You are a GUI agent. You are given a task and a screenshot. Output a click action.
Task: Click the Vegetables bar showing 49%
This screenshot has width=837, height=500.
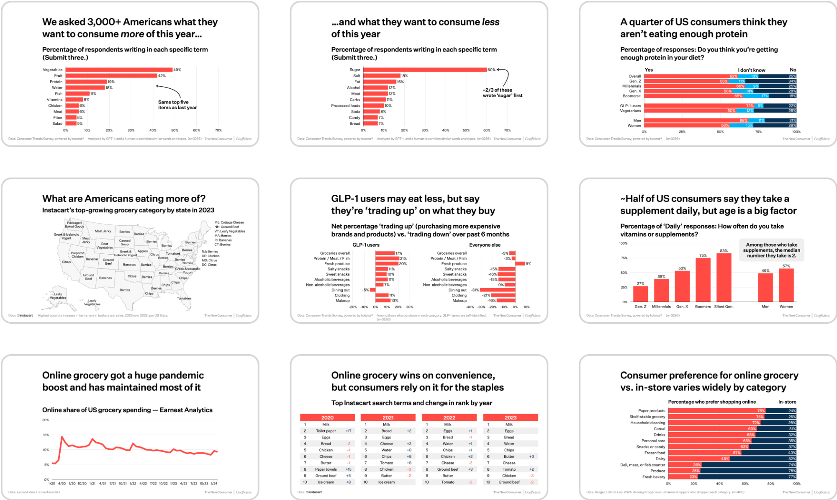click(119, 70)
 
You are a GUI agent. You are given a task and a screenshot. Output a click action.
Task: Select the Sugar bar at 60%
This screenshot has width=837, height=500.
click(425, 70)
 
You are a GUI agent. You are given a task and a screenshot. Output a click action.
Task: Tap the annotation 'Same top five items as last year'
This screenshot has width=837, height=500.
click(177, 105)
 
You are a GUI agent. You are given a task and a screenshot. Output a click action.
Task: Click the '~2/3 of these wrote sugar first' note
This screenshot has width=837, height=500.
click(502, 93)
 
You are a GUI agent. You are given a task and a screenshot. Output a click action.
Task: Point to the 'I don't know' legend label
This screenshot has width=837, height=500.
click(751, 70)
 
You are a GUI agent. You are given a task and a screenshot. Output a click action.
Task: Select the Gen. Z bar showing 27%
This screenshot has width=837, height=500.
click(640, 294)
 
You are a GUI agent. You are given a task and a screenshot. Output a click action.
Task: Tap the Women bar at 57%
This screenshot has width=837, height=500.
click(786, 285)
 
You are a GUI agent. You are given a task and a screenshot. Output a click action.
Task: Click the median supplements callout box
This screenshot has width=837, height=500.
click(771, 250)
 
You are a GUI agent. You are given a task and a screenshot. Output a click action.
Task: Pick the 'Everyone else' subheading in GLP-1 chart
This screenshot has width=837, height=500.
click(485, 245)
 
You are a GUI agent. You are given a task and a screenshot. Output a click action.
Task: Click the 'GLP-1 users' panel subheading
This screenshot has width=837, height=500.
click(366, 245)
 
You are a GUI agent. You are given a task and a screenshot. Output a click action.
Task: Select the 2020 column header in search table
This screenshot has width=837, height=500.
click(327, 418)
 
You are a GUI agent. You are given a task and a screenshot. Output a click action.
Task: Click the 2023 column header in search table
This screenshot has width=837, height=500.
click(510, 418)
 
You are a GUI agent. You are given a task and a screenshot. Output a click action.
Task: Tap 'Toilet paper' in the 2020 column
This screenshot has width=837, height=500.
click(326, 431)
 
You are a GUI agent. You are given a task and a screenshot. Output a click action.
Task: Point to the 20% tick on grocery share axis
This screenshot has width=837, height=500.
click(46, 420)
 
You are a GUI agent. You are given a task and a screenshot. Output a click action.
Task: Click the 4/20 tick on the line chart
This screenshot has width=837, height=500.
click(62, 484)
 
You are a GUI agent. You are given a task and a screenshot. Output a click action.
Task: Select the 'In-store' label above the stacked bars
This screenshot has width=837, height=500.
click(787, 402)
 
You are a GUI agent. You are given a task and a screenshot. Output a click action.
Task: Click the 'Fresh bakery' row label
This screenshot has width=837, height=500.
click(653, 477)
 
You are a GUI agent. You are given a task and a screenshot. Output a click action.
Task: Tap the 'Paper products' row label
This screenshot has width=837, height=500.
click(651, 411)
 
